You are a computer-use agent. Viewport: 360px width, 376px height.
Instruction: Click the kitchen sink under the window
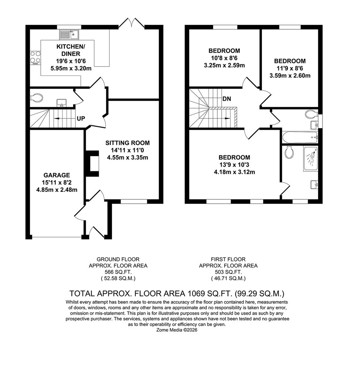[69, 34]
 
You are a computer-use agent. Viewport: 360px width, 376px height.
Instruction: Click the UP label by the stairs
[81, 119]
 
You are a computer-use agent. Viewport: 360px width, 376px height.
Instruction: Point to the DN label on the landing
[227, 99]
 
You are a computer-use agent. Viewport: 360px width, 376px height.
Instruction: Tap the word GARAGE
[57, 175]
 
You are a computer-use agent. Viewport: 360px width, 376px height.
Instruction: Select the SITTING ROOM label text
[128, 143]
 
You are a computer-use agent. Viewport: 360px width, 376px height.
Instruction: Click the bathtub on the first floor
[300, 137]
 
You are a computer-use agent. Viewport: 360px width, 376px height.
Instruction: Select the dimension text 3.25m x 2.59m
[224, 65]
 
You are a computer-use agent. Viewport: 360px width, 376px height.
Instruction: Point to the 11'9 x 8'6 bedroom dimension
[290, 68]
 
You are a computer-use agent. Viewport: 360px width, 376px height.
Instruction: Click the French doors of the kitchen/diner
[132, 24]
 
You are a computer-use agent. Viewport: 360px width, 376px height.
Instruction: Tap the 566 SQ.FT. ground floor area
[118, 272]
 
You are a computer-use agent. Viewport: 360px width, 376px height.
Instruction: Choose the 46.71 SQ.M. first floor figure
[228, 278]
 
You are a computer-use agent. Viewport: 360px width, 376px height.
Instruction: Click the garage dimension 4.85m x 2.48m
[57, 190]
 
